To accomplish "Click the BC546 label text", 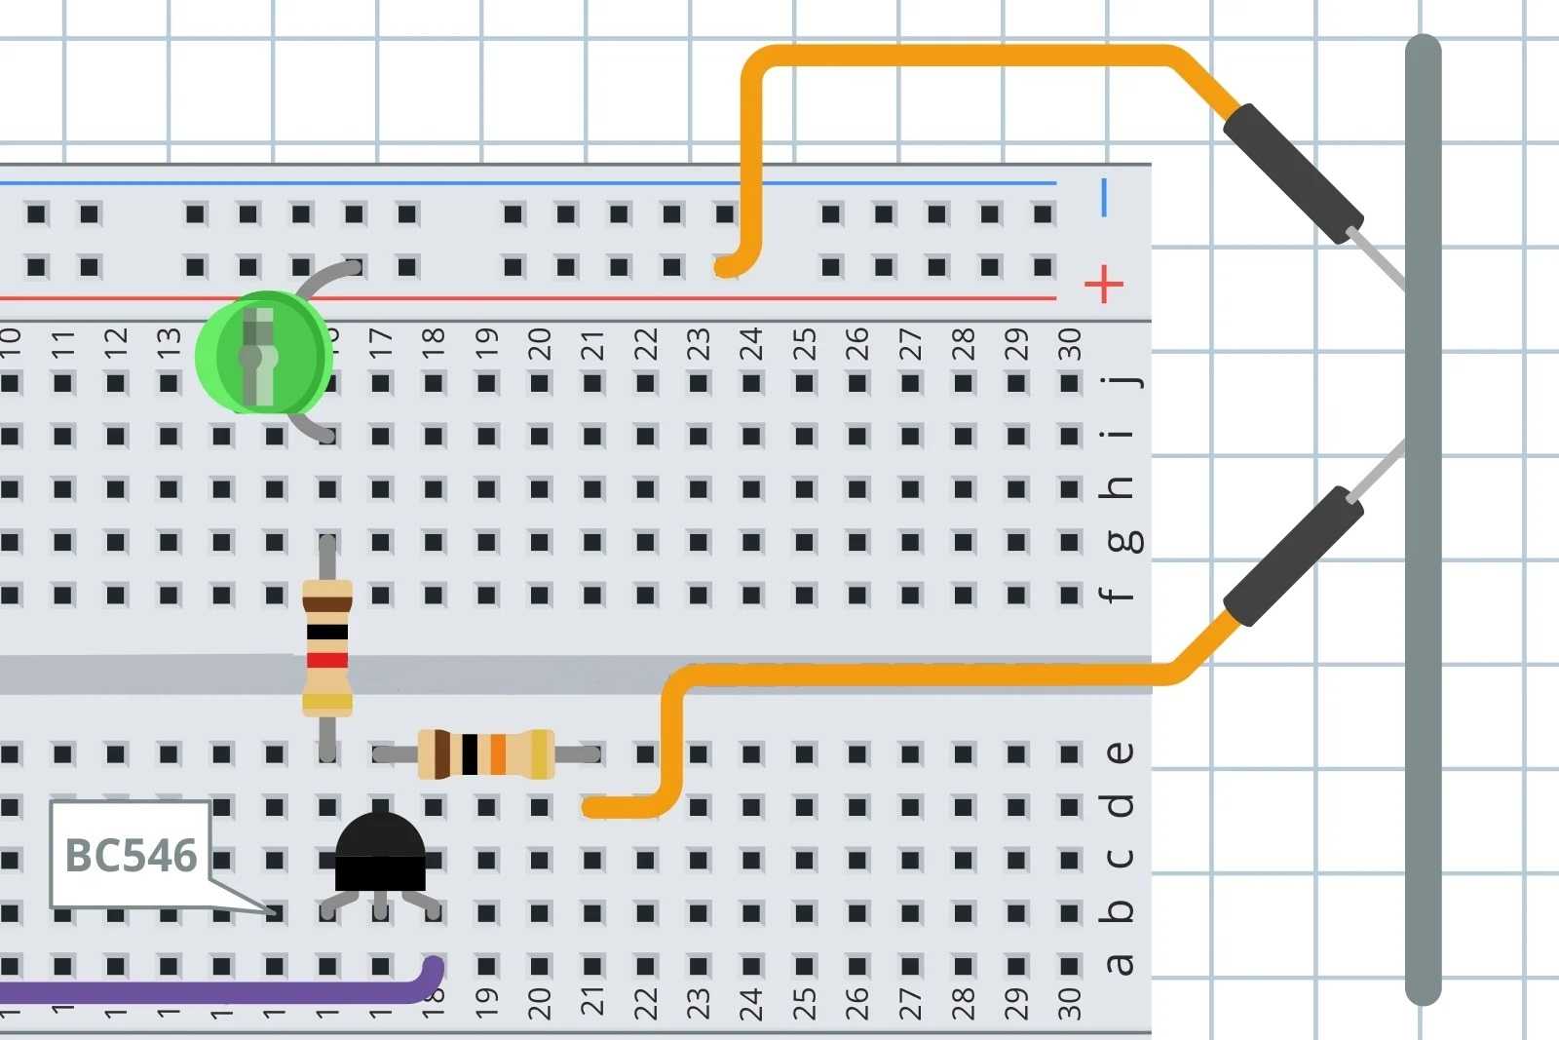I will pyautogui.click(x=131, y=856).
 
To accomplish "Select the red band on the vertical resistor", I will pyautogui.click(x=327, y=660).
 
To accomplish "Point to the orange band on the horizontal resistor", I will pyautogui.click(x=498, y=753).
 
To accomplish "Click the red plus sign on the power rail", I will pyautogui.click(x=1103, y=285).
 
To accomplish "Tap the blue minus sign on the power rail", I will pyautogui.click(x=1104, y=198).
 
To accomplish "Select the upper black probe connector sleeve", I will pyautogui.click(x=1293, y=173).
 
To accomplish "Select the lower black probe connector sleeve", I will pyautogui.click(x=1293, y=557).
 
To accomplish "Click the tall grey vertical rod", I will pyautogui.click(x=1423, y=517).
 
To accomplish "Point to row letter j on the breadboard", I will pyautogui.click(x=1121, y=381).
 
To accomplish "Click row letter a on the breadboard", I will pyautogui.click(x=1120, y=964).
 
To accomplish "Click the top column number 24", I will pyautogui.click(x=750, y=344).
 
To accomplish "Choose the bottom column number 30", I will pyautogui.click(x=1069, y=1002).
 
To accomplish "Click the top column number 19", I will pyautogui.click(x=485, y=344).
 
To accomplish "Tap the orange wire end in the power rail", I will pyautogui.click(x=726, y=266).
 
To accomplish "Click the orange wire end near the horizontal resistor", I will pyautogui.click(x=592, y=807).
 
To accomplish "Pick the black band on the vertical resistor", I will pyautogui.click(x=327, y=632).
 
